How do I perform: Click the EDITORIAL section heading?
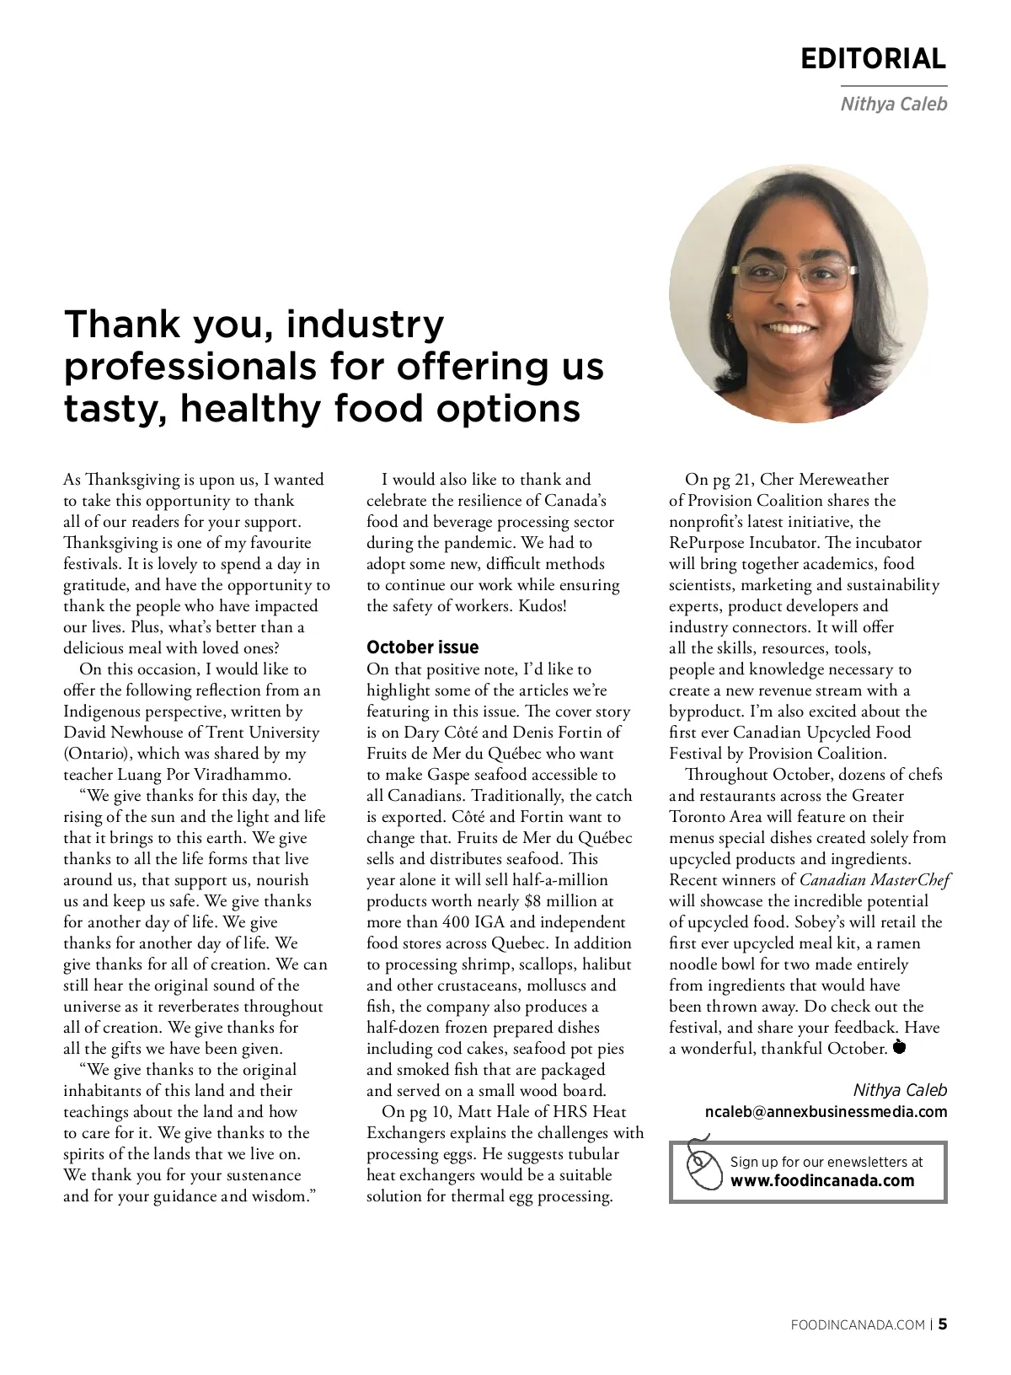(x=873, y=59)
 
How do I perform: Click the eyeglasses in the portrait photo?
(x=794, y=275)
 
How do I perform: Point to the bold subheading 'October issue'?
(x=422, y=647)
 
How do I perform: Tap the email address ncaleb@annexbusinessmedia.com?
(x=826, y=1111)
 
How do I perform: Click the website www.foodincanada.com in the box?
(x=822, y=1180)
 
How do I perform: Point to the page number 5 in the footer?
(x=943, y=1324)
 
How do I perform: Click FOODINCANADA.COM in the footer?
(x=859, y=1324)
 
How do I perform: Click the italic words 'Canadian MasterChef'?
(x=875, y=880)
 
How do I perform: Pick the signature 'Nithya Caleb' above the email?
(x=900, y=1090)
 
